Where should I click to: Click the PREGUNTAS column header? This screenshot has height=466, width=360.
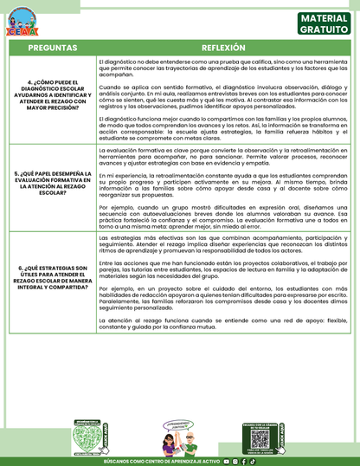pyautogui.click(x=52, y=49)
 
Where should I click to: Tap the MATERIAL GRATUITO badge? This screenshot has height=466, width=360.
pyautogui.click(x=323, y=23)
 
